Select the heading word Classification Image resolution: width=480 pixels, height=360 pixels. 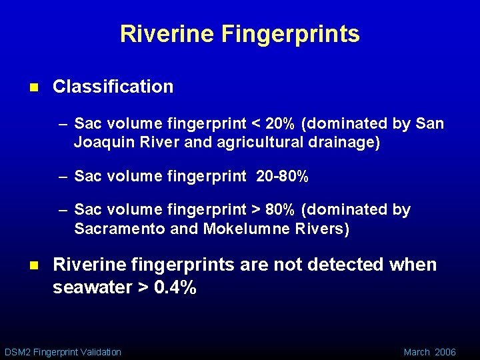pyautogui.click(x=113, y=87)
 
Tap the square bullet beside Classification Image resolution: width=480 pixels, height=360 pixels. pyautogui.click(x=34, y=87)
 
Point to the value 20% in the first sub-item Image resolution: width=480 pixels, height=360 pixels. pyautogui.click(x=280, y=124)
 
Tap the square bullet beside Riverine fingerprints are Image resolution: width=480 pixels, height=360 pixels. pyautogui.click(x=34, y=265)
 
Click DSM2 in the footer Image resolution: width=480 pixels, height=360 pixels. pyautogui.click(x=17, y=352)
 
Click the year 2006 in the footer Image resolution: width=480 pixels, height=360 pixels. pyautogui.click(x=445, y=352)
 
